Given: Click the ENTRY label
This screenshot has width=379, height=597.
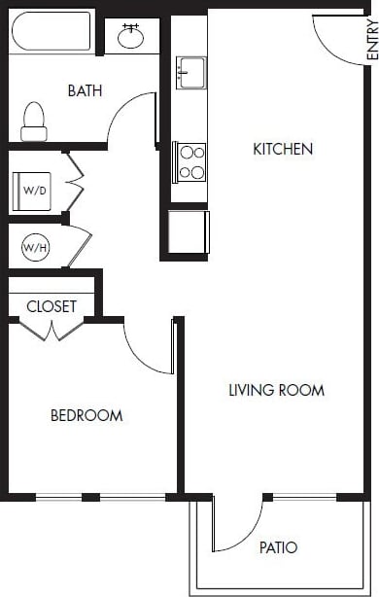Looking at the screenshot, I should coord(370,43).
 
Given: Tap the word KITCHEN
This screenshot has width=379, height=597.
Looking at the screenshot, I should coord(283,149).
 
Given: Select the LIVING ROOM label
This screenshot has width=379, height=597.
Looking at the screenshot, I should coord(276,390).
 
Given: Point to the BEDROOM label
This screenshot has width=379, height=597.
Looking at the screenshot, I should coord(86,415).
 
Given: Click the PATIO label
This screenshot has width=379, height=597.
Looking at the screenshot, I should coord(278,547).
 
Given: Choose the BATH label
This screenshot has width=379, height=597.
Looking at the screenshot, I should coord(86,90).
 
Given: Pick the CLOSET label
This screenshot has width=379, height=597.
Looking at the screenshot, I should coord(52,305).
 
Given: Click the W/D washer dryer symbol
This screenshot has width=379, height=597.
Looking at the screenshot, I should coord(34,190).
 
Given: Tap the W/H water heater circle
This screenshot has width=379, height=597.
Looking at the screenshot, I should coord(35,248).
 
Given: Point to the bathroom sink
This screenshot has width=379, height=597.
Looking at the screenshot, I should coord(130,37).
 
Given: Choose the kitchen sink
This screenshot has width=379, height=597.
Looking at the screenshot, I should coord(189,71).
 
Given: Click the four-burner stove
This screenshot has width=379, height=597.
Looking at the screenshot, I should coord(189,161).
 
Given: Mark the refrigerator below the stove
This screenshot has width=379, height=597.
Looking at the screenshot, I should coord(188,231).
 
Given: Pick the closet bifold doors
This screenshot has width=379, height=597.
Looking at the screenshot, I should coord(53,330).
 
